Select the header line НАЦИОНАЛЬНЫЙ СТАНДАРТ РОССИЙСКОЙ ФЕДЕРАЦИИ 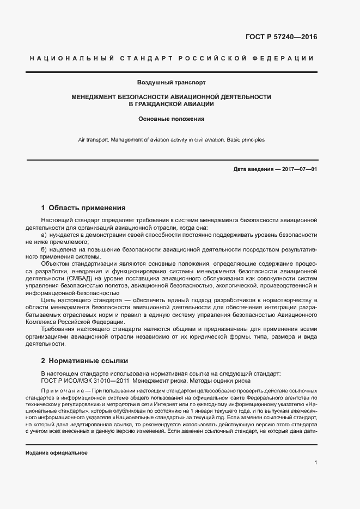(x=171, y=58)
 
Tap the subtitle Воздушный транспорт (x=171, y=83)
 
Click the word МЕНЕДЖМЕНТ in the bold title (x=94, y=96)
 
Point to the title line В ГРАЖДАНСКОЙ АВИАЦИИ (x=171, y=103)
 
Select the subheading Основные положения (x=171, y=118)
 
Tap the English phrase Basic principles (x=245, y=140)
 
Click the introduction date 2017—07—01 (x=299, y=169)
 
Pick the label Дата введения (x=253, y=169)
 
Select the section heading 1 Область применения (x=83, y=207)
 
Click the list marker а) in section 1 (x=45, y=234)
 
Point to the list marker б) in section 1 (x=45, y=249)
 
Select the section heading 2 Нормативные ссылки (x=85, y=360)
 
